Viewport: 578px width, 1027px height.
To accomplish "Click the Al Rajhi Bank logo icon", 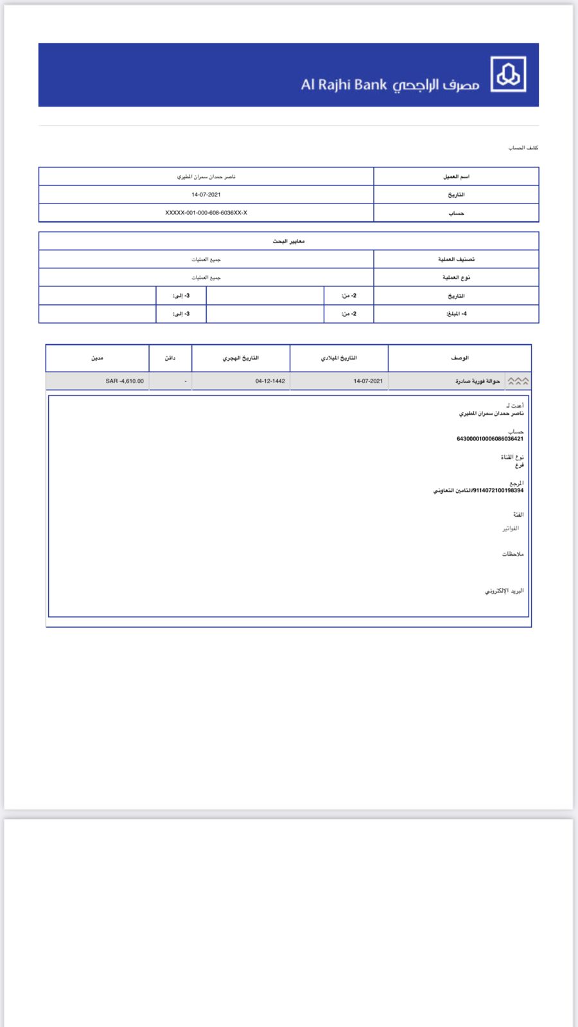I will pos(508,74).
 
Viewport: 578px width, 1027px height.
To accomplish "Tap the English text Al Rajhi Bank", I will pos(344,85).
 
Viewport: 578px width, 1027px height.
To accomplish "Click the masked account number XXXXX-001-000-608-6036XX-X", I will pos(206,212).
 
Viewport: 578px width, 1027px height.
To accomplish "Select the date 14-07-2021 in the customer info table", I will pos(206,194).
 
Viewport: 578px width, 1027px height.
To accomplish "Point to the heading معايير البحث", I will pos(288,241).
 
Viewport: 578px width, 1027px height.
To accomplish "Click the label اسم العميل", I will pos(456,177).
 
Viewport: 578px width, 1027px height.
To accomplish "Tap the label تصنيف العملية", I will pos(456,259).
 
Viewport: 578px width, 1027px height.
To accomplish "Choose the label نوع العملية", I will pos(456,277).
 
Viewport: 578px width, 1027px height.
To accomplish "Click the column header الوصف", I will pos(460,358).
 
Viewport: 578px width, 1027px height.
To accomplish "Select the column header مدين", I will pos(97,358).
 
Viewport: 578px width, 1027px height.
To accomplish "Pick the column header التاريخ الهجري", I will pos(241,358).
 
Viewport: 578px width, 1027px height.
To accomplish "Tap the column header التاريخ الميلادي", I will pos(338,358).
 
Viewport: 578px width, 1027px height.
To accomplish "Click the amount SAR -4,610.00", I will pos(125,381).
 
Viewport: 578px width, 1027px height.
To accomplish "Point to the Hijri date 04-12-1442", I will pos(270,381).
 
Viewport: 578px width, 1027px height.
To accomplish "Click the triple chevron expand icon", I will pos(518,381).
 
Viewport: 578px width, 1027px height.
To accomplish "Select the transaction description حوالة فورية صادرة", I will pos(477,381).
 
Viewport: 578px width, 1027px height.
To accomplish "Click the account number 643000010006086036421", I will pos(490,439).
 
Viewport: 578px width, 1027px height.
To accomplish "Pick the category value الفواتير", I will pos(511,528).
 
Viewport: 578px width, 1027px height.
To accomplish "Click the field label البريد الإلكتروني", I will pos(504,591).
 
